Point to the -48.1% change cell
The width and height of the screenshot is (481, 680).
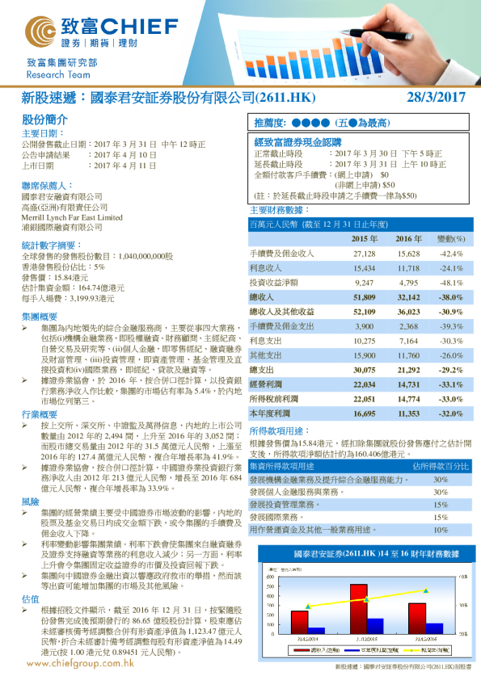(449, 283)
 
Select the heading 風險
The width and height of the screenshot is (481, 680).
(30, 502)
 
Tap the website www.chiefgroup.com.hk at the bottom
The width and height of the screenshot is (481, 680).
(79, 662)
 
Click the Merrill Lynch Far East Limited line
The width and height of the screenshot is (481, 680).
(72, 217)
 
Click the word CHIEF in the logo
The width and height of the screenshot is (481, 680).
(121, 24)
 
